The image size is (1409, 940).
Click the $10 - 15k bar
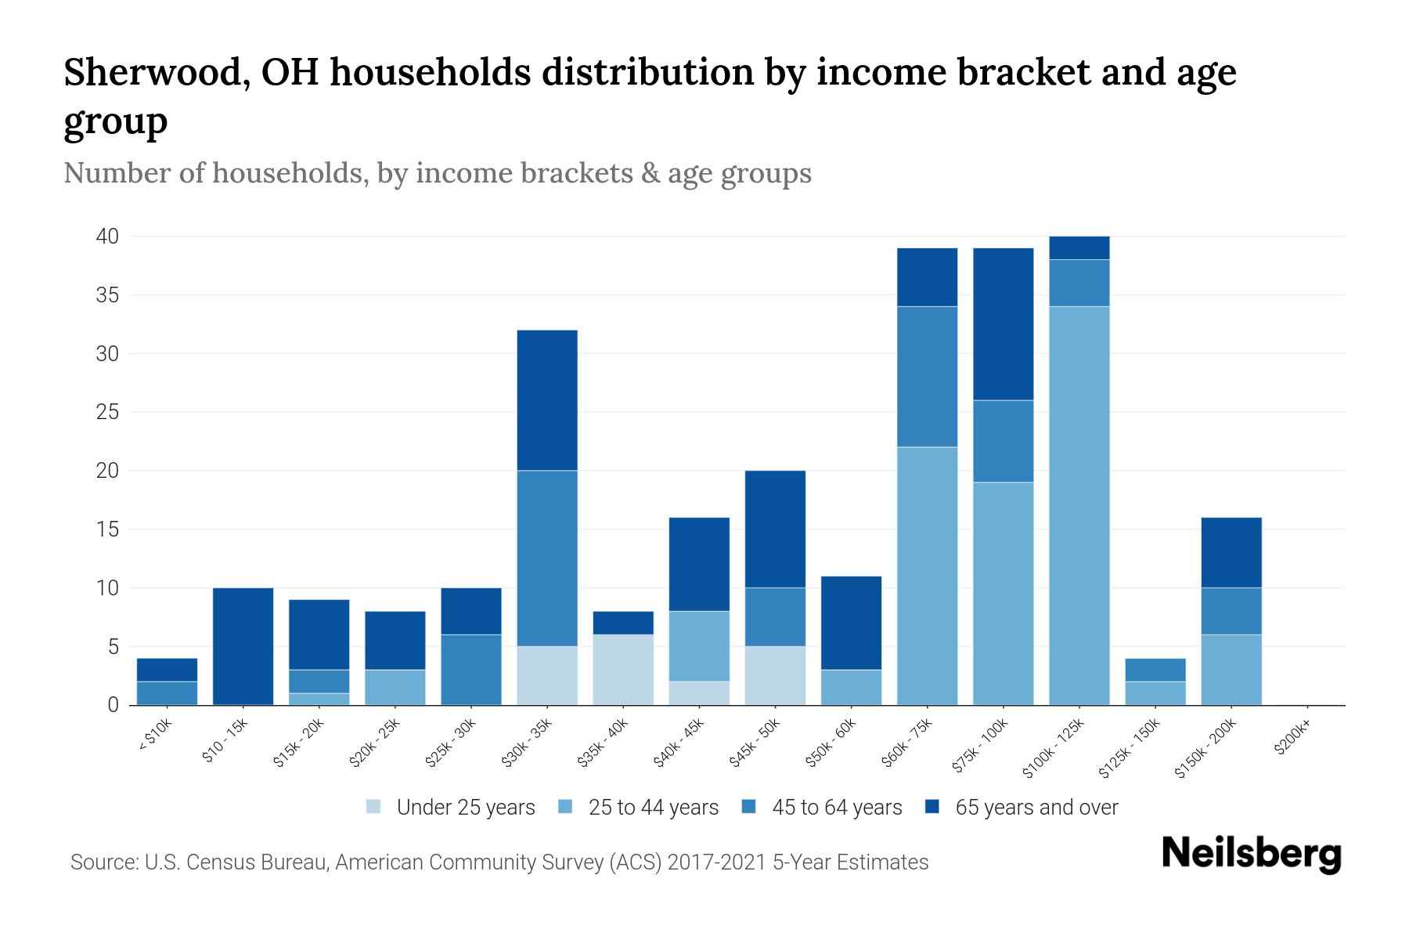click(243, 646)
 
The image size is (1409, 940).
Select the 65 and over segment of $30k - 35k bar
click(547, 399)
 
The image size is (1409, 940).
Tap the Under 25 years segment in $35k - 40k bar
click(623, 670)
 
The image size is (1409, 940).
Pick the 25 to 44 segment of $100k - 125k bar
click(1079, 505)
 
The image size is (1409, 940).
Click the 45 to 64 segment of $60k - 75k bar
click(927, 376)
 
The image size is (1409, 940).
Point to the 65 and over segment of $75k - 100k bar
click(1003, 324)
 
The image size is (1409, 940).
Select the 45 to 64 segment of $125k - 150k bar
click(1155, 670)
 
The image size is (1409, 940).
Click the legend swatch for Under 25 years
click(374, 807)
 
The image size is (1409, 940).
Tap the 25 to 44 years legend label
click(653, 807)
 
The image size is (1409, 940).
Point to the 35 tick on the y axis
click(108, 295)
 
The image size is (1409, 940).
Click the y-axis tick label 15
click(108, 530)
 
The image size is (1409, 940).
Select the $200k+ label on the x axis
click(1292, 739)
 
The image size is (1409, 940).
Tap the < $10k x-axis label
click(154, 736)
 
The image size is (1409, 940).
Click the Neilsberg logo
click(1251, 853)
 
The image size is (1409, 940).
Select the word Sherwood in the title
click(157, 73)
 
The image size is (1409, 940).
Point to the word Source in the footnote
click(103, 862)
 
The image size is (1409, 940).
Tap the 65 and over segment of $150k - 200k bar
click(1231, 552)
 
